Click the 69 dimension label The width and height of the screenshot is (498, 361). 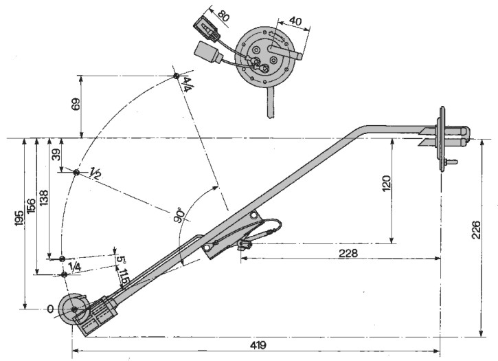tap(76, 105)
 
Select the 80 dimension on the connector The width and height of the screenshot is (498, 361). tap(223, 14)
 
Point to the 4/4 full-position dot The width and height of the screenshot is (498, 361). tap(177, 75)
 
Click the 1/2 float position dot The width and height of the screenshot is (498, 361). tap(76, 172)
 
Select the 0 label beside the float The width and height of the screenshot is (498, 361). tap(50, 309)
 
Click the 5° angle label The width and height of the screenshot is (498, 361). tap(121, 260)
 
